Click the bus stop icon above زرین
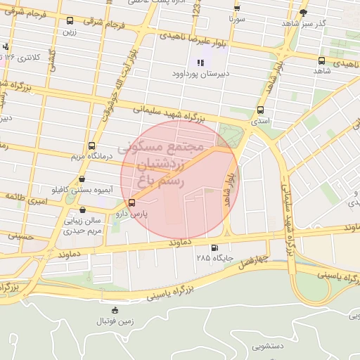[69, 22]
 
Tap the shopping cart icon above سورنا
[236, 8]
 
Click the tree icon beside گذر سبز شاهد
[303, 13]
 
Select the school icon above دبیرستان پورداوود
[200, 62]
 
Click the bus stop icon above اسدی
[261, 110]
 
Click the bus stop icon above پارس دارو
[132, 204]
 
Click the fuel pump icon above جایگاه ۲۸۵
[214, 247]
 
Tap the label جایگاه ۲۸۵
[214, 259]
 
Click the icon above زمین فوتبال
[115, 310]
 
